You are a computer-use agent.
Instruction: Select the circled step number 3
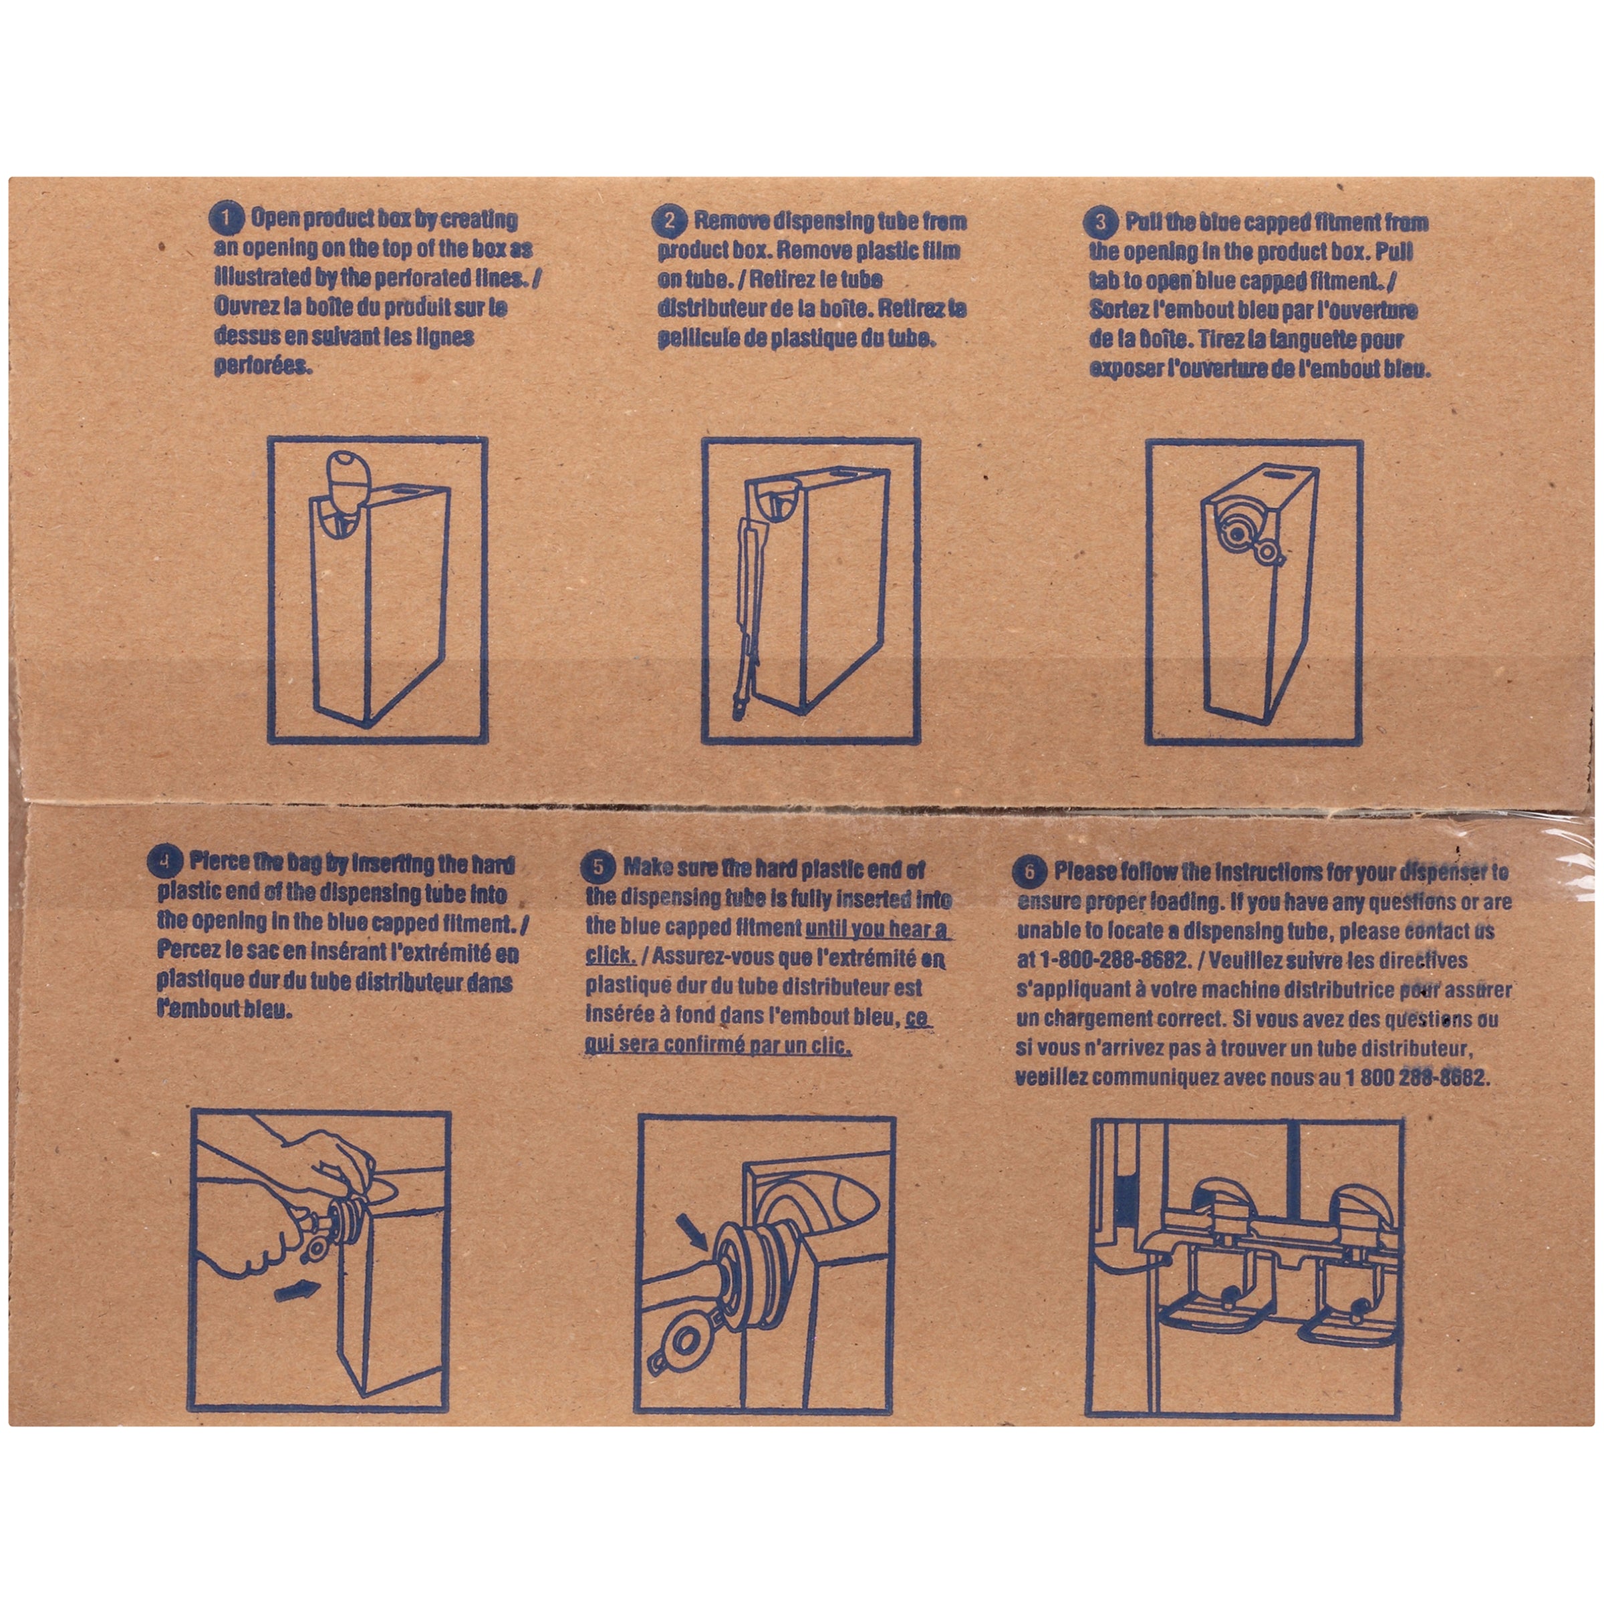1101,223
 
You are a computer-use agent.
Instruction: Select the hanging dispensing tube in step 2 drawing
747,606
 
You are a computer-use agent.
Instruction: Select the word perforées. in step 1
263,367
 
